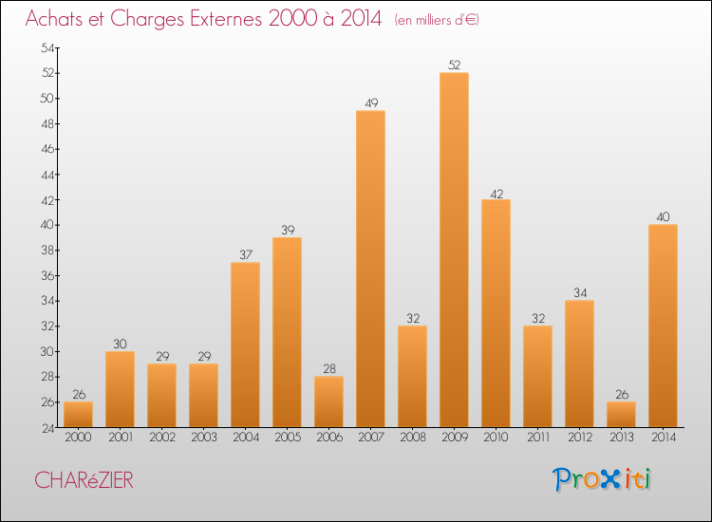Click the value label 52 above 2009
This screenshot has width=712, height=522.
click(454, 65)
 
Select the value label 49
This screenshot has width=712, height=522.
click(370, 103)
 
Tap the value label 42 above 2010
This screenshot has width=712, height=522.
click(496, 193)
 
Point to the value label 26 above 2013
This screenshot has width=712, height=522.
click(621, 395)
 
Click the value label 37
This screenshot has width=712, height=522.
click(245, 255)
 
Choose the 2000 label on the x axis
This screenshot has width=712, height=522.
click(78, 438)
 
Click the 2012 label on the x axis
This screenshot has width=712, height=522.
click(579, 438)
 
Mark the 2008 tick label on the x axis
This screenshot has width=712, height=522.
click(412, 438)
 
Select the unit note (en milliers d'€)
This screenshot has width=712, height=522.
click(437, 20)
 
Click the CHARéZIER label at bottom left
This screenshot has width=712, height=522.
click(84, 480)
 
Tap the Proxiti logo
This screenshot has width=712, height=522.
click(604, 479)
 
